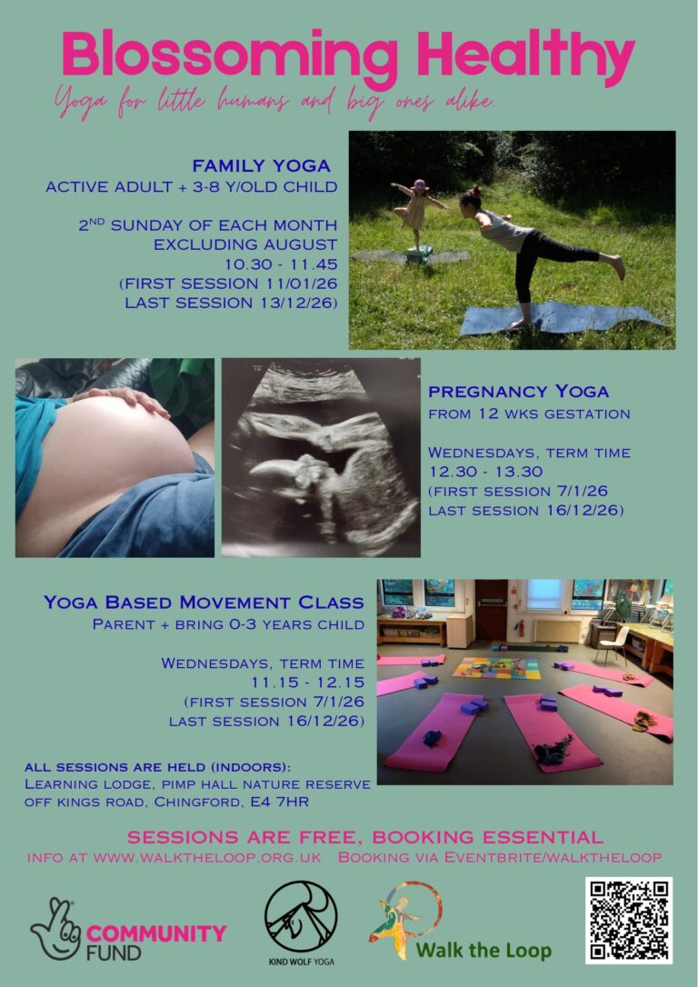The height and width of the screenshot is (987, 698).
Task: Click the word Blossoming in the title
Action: click(x=230, y=55)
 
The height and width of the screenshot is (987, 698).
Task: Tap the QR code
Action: click(x=629, y=921)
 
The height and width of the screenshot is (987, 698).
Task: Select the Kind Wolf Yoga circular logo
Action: click(x=301, y=916)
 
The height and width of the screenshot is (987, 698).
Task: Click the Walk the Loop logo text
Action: click(x=484, y=951)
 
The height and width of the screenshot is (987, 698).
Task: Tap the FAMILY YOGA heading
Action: click(x=261, y=166)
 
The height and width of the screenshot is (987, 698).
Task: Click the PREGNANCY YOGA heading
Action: click(x=519, y=392)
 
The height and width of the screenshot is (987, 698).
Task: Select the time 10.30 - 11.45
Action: click(x=281, y=264)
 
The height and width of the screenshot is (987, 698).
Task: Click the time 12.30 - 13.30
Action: click(x=478, y=472)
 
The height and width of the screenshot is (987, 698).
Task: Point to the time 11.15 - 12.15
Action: click(x=308, y=683)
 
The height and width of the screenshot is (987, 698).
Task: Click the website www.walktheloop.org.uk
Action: click(x=207, y=858)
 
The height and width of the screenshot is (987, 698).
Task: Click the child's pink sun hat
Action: click(x=419, y=185)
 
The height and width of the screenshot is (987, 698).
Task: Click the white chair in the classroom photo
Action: click(x=613, y=643)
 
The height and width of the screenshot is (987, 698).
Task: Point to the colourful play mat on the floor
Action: click(x=497, y=667)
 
